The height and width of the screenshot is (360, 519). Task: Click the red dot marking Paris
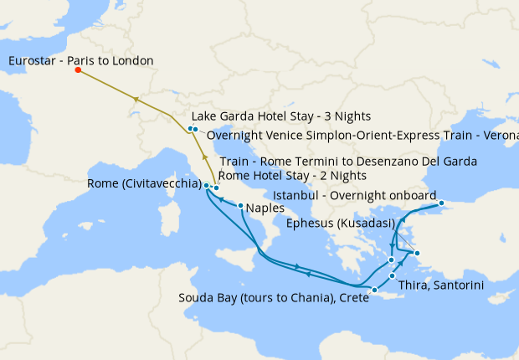tap(78, 70)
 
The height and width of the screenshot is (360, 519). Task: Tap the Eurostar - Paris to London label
tap(81, 60)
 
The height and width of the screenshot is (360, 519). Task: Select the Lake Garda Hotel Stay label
tap(280, 116)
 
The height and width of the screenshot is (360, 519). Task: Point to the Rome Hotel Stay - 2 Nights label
tap(293, 175)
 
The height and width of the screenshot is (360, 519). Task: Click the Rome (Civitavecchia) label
tap(143, 185)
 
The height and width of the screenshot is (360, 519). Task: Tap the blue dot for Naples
tap(240, 206)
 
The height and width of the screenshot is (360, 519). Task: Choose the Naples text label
tap(265, 209)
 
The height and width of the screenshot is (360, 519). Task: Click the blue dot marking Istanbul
tap(442, 204)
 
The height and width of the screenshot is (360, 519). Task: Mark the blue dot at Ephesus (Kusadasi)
tap(417, 253)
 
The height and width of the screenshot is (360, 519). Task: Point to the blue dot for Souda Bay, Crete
tap(375, 291)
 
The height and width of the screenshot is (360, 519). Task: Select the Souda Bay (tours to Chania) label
tap(274, 298)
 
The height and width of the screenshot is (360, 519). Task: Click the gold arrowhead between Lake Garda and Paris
tap(135, 99)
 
